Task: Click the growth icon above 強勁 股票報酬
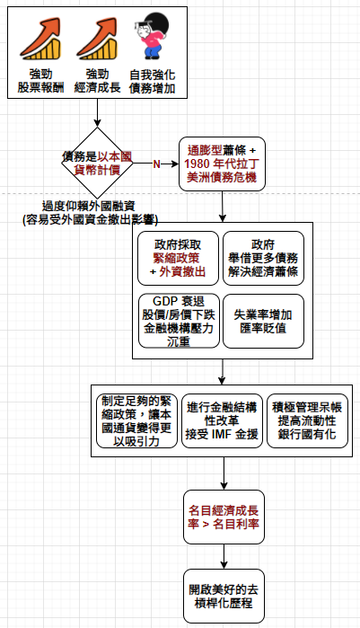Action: [x=40, y=39]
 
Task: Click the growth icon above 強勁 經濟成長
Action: [x=97, y=39]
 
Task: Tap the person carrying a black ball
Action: [x=151, y=36]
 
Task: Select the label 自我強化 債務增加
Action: [x=152, y=81]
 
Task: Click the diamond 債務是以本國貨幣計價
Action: [x=97, y=163]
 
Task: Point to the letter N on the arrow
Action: [x=157, y=164]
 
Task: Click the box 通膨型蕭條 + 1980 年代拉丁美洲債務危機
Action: [x=222, y=164]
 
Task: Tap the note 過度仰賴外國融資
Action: [x=89, y=207]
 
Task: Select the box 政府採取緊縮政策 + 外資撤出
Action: [x=178, y=258]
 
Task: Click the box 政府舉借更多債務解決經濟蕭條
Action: [x=263, y=258]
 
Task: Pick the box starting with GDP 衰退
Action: [x=179, y=322]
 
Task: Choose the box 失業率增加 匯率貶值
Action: [x=263, y=322]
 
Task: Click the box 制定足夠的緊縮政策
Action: [x=136, y=420]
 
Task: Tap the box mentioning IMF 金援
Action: [x=222, y=420]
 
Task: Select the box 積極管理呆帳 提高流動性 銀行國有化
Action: [x=307, y=420]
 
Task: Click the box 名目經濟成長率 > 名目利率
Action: [x=224, y=517]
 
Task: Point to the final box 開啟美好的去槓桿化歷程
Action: [x=224, y=596]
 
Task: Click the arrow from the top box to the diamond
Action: [x=97, y=112]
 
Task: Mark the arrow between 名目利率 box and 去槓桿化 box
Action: [x=224, y=556]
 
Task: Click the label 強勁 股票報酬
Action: [x=40, y=81]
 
